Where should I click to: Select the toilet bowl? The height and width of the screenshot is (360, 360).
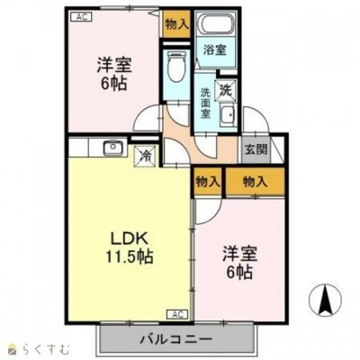(176, 67)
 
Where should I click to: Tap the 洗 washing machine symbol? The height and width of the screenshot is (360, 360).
(228, 90)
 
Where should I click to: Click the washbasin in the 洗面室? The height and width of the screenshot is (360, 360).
(228, 115)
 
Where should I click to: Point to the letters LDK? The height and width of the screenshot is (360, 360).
(130, 238)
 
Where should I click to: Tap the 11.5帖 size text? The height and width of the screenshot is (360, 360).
(130, 257)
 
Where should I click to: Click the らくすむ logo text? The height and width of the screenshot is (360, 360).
(36, 347)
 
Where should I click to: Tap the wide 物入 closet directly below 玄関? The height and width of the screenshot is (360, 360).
(256, 181)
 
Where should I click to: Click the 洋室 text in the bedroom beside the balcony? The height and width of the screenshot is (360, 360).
(239, 253)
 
